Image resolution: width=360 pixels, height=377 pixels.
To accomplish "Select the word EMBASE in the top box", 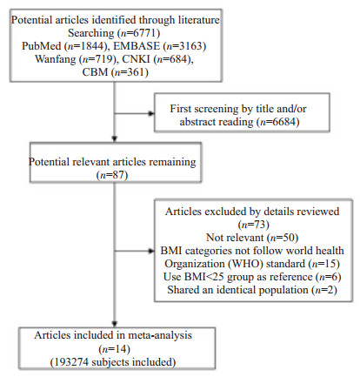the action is (x=137, y=46).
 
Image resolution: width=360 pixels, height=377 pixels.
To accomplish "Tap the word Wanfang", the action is (x=55, y=59).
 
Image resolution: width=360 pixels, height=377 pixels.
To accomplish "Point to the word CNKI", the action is (x=136, y=59).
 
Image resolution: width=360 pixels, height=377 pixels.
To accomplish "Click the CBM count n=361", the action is (x=130, y=72).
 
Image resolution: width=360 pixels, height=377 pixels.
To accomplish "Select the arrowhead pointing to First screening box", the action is (x=151, y=113).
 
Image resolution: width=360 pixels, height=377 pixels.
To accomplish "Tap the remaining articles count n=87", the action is (x=112, y=175).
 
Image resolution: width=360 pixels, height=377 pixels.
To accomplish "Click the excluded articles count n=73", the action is (x=254, y=225).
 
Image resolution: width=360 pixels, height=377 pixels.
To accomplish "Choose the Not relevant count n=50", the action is (x=283, y=238).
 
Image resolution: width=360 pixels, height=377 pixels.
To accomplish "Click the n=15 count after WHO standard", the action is (x=323, y=264).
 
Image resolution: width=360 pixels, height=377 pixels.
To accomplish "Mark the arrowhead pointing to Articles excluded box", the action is (x=151, y=251).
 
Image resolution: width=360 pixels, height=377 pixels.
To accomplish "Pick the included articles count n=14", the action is (x=115, y=348).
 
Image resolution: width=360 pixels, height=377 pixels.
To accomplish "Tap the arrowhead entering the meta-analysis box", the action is (x=115, y=324).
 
